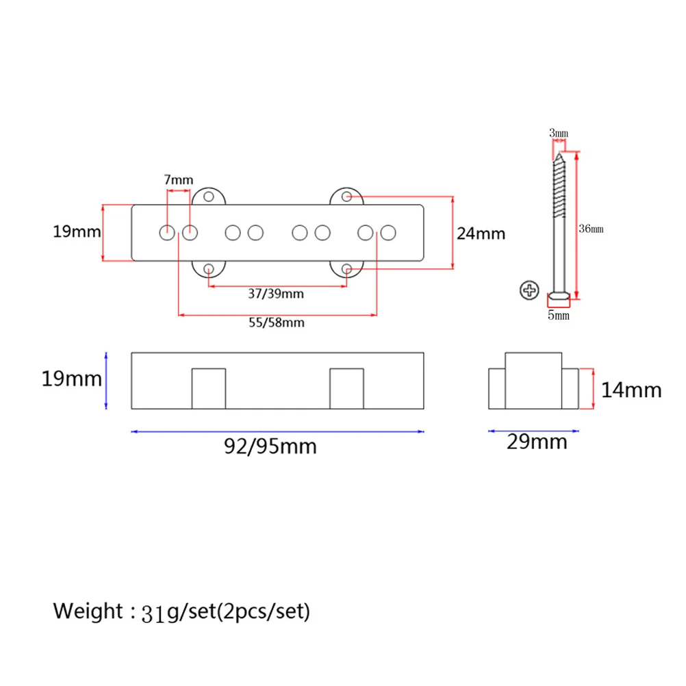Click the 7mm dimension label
pos(179,180)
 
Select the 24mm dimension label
pos(481,233)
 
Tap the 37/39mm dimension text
pos(276,294)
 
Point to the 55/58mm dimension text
pos(277,323)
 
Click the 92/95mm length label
pos(270,446)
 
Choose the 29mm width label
pos(537,442)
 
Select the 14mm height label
pos(631,390)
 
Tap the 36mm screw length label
pos(591,229)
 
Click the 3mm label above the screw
pos(559,133)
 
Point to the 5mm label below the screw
pos(559,316)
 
